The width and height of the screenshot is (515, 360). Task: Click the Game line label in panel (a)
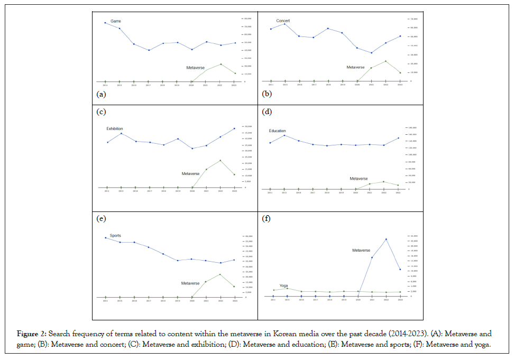(x=116, y=21)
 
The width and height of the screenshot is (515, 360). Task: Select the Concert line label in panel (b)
(x=283, y=21)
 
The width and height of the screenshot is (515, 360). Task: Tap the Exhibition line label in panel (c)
(x=115, y=128)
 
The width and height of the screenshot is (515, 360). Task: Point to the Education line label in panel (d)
(x=277, y=131)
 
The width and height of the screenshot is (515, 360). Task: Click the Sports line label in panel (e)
(x=115, y=235)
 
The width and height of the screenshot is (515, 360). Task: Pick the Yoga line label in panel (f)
(x=283, y=285)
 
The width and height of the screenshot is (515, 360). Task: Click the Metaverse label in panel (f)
(x=361, y=250)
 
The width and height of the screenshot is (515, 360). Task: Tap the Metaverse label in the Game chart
(x=195, y=68)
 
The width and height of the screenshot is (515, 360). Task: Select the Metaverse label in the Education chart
(x=358, y=179)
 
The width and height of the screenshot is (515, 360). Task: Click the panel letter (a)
(x=100, y=94)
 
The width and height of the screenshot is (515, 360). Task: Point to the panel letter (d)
(x=266, y=112)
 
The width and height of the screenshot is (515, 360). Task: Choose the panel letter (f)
(x=266, y=218)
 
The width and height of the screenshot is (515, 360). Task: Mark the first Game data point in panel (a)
(x=105, y=23)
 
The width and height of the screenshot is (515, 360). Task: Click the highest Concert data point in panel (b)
(x=285, y=24)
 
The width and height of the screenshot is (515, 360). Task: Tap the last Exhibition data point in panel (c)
(x=234, y=128)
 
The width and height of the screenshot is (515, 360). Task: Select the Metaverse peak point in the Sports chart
(x=220, y=274)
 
